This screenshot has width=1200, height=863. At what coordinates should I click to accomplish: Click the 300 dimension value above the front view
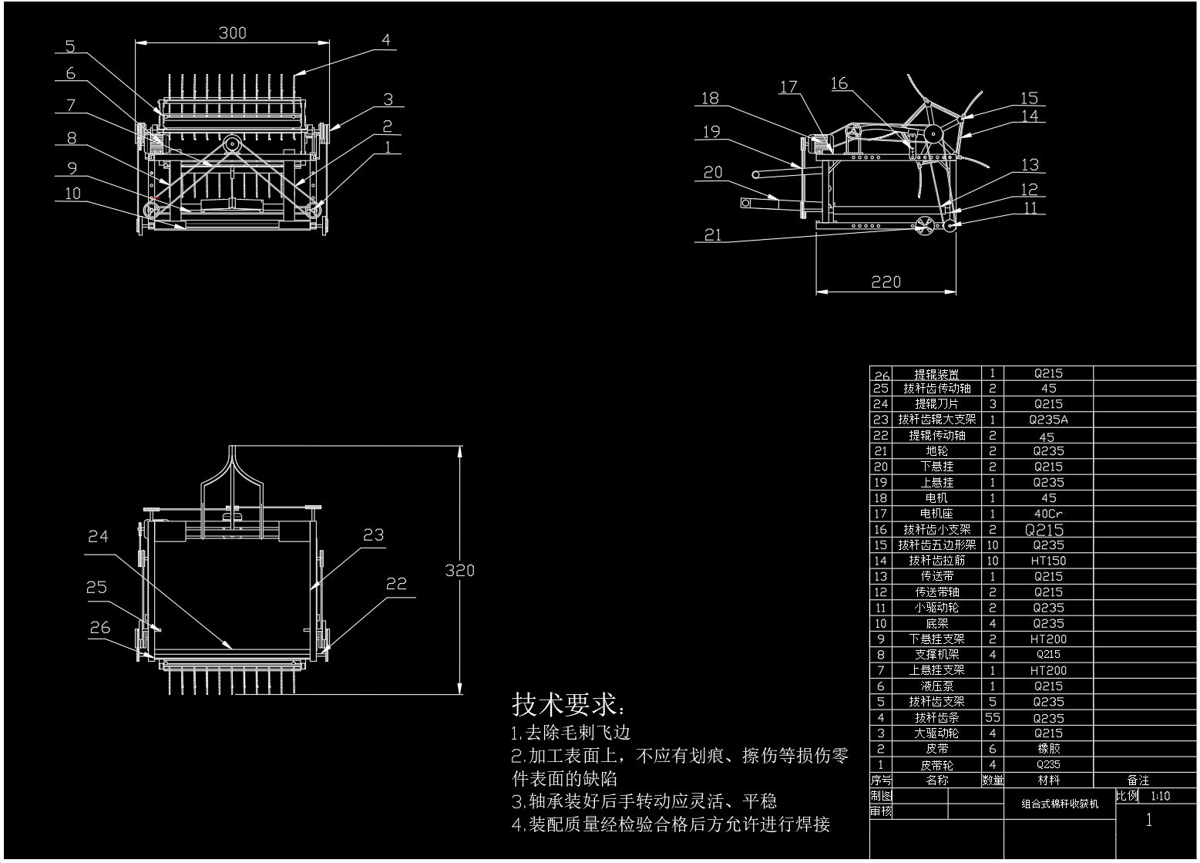point(232,32)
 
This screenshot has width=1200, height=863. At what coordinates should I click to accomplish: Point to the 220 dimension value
point(886,282)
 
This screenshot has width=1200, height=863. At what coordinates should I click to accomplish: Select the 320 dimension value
point(459,571)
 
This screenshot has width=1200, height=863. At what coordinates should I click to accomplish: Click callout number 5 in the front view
point(70,46)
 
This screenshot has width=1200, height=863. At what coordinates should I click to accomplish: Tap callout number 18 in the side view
point(710,98)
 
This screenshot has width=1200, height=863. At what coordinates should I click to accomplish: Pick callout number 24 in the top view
point(98,536)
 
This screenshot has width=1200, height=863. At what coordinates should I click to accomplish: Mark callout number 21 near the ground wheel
point(713,234)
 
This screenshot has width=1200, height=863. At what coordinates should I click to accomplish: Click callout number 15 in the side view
point(1030,98)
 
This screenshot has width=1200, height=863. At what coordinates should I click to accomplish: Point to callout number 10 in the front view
point(72,193)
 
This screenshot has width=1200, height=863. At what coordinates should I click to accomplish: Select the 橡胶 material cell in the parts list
point(1048,749)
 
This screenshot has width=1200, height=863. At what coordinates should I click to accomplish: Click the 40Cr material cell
point(1048,514)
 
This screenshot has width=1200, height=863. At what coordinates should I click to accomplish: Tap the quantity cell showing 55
point(993,717)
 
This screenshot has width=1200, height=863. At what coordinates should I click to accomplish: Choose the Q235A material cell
point(1048,420)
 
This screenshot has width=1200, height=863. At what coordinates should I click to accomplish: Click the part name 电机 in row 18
point(936,498)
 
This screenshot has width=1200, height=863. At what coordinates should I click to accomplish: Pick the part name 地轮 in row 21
point(936,451)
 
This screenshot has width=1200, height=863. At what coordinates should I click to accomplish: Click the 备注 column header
point(1138,780)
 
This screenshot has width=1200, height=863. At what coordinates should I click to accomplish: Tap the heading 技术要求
point(569,704)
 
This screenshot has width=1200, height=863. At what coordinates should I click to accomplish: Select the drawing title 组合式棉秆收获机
point(1060,804)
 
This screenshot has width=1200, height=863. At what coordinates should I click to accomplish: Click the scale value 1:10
point(1160,796)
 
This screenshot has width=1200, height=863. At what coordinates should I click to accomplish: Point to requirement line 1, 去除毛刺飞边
point(571,733)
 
